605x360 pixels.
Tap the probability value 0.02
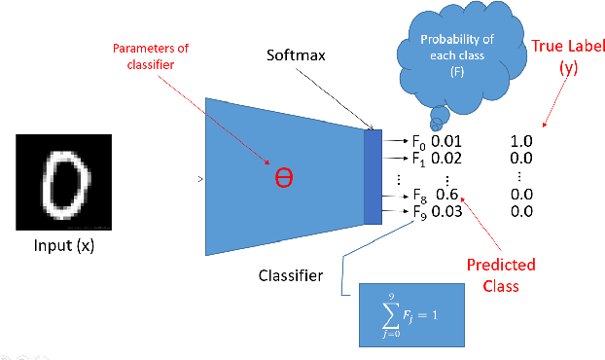445,158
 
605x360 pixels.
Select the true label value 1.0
522,141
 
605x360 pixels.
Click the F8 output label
419,196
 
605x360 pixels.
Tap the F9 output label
419,212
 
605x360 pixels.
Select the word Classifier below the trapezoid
292,276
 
